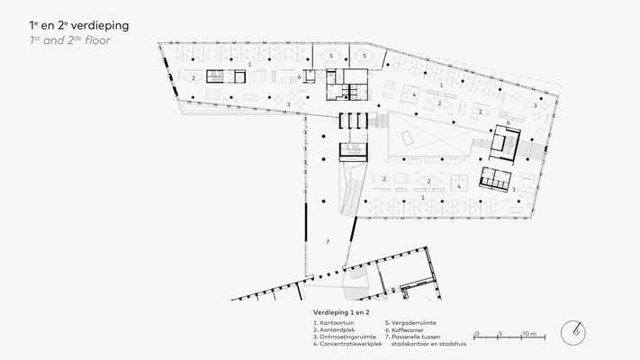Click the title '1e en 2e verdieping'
tap(79, 26)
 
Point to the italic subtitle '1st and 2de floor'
tap(70, 40)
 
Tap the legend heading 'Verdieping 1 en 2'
tap(341, 312)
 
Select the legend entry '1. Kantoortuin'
tap(333, 323)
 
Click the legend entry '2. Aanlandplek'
tap(334, 329)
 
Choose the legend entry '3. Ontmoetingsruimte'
tap(345, 337)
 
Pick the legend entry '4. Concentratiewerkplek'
tap(347, 344)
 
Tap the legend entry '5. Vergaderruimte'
tap(410, 323)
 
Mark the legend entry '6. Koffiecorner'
tap(404, 329)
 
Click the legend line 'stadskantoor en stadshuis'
tap(428, 344)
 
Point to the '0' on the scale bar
tap(477, 334)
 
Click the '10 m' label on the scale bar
tap(529, 334)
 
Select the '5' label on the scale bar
tap(500, 334)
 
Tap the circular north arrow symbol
tap(573, 333)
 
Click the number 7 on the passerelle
tap(328, 242)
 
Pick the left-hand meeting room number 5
tap(331, 56)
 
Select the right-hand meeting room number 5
tap(365, 56)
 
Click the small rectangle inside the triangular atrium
tap(408, 138)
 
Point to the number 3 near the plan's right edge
tap(535, 105)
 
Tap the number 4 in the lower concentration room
tap(459, 186)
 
